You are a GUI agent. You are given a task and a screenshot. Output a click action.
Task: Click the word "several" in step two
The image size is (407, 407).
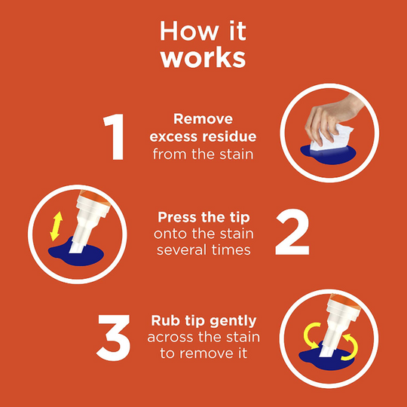(x=180, y=249)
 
